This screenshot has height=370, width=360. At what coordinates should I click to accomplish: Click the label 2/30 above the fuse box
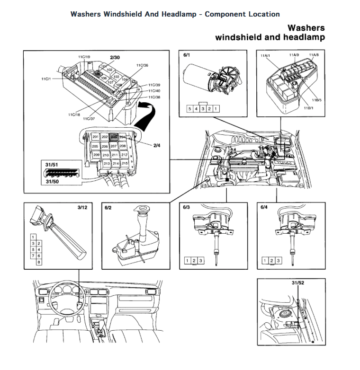(115, 57)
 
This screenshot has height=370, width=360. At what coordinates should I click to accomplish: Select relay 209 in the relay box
(96, 155)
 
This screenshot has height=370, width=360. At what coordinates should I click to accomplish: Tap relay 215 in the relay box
(124, 163)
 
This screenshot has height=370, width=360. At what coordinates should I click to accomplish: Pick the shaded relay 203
(114, 137)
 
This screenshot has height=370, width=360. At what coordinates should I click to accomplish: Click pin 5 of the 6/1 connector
(190, 109)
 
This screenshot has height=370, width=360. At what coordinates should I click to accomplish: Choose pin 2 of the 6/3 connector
(194, 261)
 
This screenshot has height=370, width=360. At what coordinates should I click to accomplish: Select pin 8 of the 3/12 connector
(38, 262)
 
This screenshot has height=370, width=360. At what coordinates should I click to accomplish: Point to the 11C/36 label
(142, 65)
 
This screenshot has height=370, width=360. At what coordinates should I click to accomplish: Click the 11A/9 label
(294, 55)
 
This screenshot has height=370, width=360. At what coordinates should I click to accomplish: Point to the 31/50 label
(52, 181)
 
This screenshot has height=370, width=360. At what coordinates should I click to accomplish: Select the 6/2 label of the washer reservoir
(108, 207)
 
